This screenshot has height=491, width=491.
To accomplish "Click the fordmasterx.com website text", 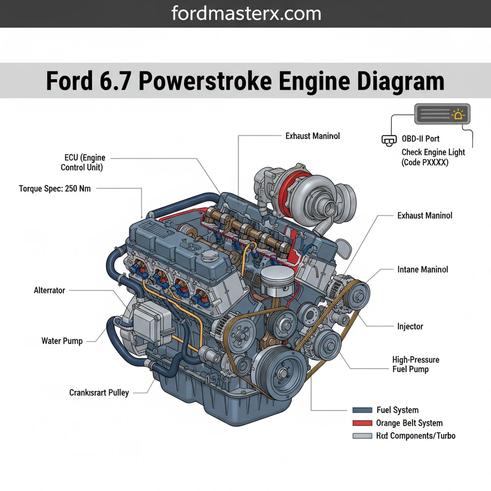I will [246, 13].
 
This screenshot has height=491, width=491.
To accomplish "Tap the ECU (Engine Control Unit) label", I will [82, 163].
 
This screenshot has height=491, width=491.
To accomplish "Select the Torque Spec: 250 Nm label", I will [55, 189].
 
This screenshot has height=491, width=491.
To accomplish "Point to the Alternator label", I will [49, 290].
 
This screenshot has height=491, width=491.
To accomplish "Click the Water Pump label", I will [62, 341].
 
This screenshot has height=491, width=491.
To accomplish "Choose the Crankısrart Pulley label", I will [99, 392].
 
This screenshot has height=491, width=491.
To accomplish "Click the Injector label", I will [410, 326].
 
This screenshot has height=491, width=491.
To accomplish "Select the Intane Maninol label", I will [422, 270].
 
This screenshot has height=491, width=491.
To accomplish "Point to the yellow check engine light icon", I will [459, 115].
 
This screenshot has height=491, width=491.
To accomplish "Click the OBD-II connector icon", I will [388, 140].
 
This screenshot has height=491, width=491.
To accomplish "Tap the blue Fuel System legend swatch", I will [362, 410].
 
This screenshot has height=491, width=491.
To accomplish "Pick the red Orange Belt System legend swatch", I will [362, 423].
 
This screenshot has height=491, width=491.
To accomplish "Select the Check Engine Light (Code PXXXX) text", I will [433, 157].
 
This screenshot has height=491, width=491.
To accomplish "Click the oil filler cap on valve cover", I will [209, 256].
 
